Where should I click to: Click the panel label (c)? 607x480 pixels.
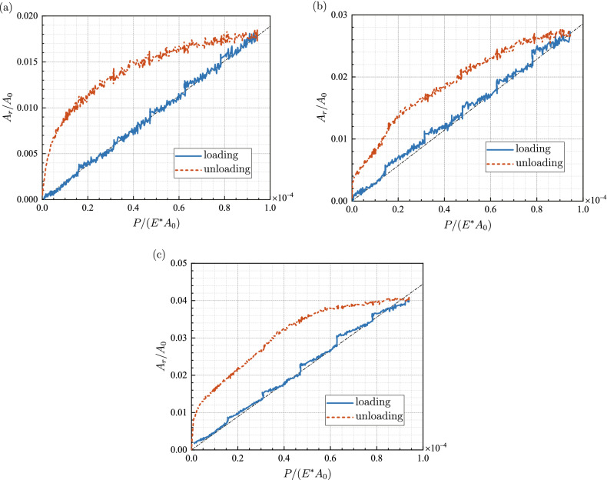coord(158,255)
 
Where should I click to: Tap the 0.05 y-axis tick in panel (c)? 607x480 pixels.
coord(179,263)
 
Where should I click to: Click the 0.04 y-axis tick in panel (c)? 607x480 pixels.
coord(179,301)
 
